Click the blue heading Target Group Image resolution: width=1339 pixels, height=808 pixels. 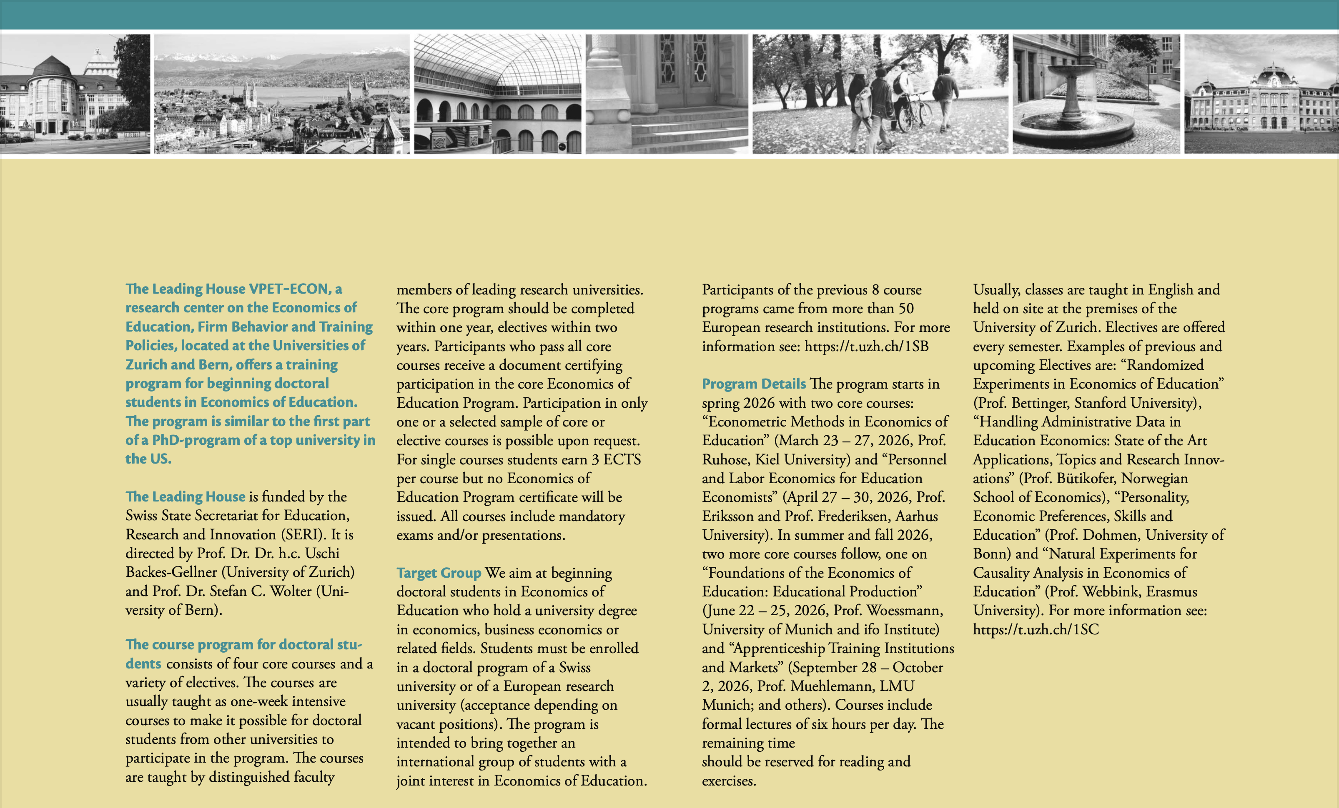click(439, 573)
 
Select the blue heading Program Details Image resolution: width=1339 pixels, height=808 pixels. click(754, 384)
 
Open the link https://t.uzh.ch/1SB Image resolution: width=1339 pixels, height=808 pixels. click(866, 347)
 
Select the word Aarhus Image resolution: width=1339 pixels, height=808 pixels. click(916, 516)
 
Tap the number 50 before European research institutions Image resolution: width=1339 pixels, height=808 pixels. click(906, 309)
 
